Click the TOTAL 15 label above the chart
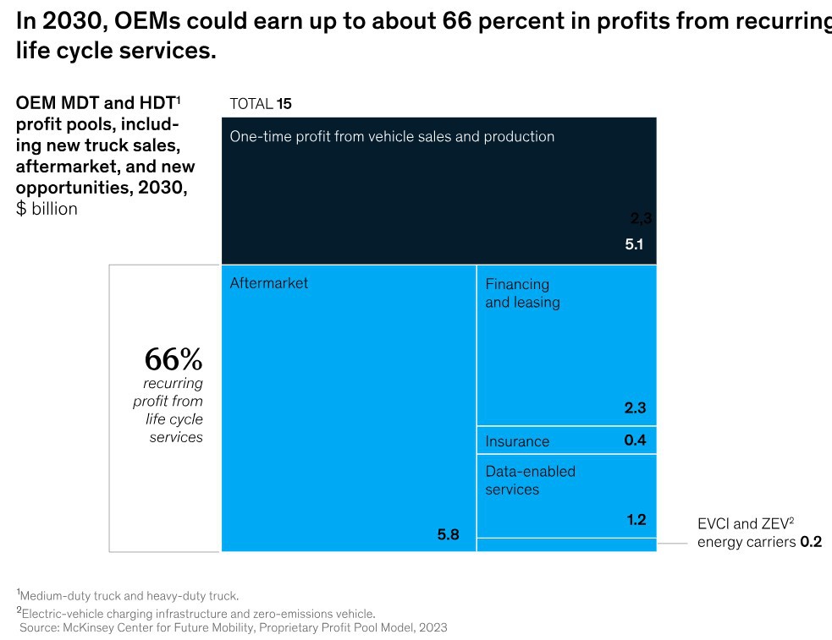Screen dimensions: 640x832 coord(261,104)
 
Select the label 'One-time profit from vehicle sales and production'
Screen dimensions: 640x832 coord(392,136)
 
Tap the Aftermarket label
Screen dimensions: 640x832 coord(269,283)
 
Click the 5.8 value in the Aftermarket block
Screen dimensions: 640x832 coord(448,534)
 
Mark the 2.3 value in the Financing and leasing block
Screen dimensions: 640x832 coord(635,408)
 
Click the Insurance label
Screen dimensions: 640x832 coord(517,441)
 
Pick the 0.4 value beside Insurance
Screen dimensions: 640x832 coord(635,440)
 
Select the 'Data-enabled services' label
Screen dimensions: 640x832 coord(530,480)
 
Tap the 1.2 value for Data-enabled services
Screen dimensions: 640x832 coord(636,520)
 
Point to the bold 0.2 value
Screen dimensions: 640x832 coord(811,542)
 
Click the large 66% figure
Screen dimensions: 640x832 coord(174,359)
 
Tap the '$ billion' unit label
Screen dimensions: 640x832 coord(47,209)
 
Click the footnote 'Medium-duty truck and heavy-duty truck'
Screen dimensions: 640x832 coord(128,595)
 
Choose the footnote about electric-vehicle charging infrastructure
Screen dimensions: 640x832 coord(196,613)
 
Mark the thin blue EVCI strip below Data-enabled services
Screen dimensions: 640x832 coord(566,544)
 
